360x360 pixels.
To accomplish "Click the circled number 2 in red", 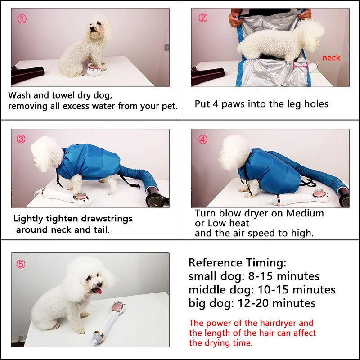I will coord(203,18).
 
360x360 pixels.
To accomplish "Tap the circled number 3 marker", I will coord(21,139).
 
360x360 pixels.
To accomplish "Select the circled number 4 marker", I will coord(203,139).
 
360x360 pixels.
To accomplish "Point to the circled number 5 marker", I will coord(21,264).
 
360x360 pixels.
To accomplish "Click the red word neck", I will coord(331,58).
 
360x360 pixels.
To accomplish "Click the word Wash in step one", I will coord(19,95).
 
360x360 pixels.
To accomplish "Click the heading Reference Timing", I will coord(237,263).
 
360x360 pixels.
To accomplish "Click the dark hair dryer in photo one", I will coord(27,74).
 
